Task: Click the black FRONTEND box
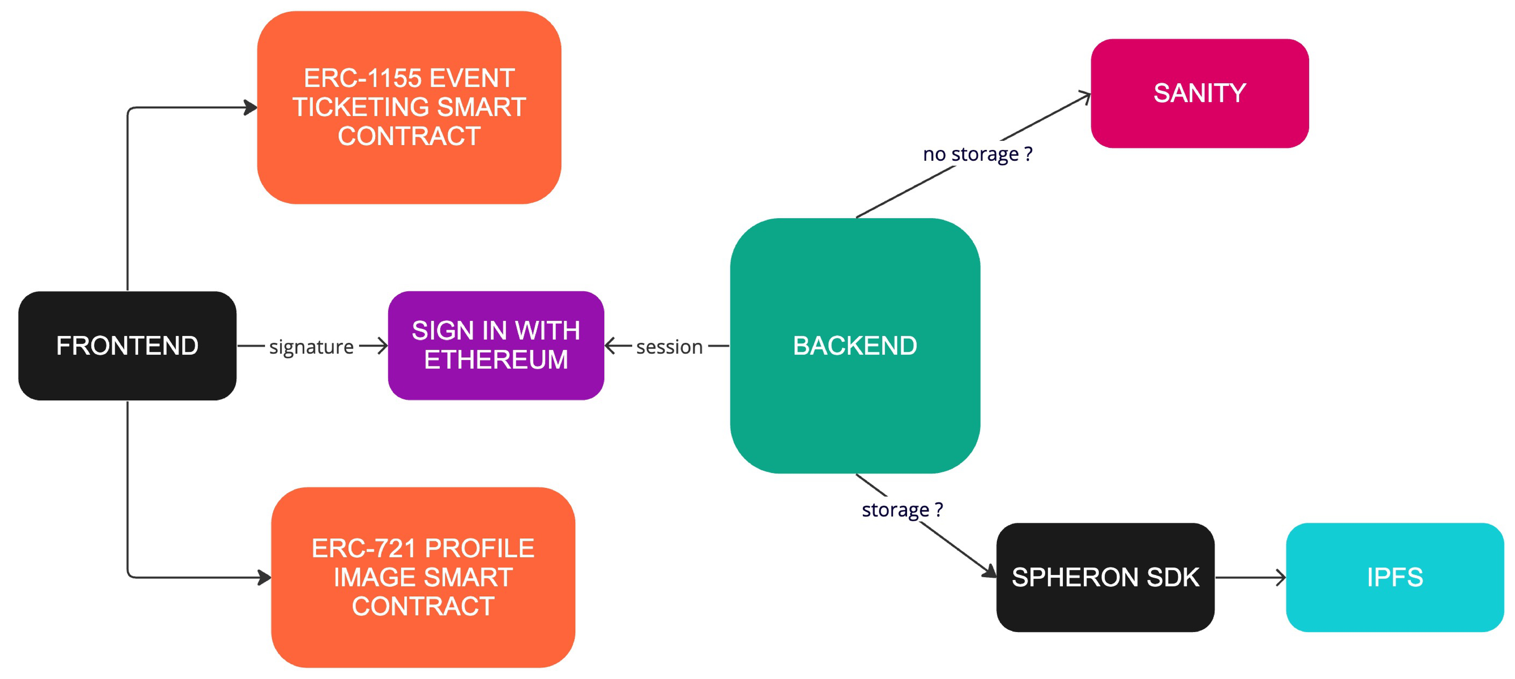pos(127,346)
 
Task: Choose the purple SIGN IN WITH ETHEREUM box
pos(496,346)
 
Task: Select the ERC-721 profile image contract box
pos(423,577)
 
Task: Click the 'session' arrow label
pos(669,347)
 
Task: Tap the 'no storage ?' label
pos(977,154)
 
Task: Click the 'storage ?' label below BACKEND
pos(902,510)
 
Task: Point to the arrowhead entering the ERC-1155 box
pos(251,108)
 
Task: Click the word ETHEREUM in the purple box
pos(496,360)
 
